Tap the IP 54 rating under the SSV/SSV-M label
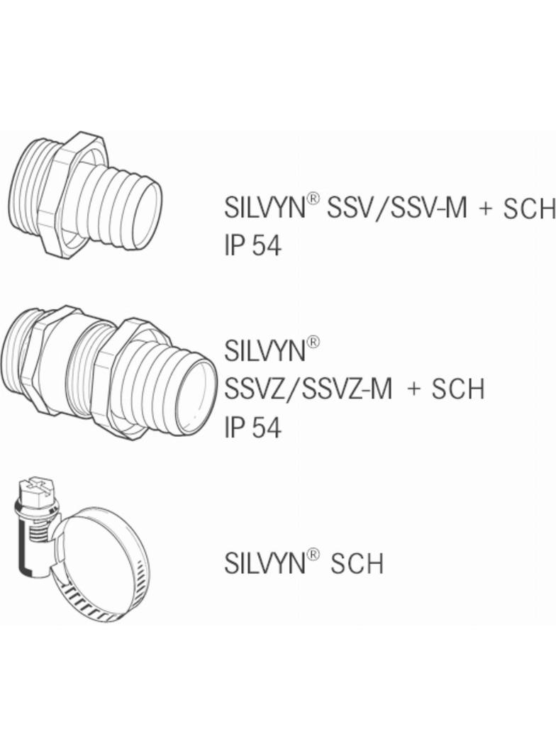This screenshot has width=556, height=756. (x=252, y=245)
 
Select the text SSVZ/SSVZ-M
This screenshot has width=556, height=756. (x=308, y=389)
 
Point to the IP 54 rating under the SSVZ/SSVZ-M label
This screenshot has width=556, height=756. (x=252, y=428)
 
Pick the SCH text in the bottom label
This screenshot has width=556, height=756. (x=357, y=564)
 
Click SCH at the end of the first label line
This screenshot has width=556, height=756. (x=529, y=209)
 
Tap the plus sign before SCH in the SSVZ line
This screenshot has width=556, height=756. (x=414, y=389)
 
